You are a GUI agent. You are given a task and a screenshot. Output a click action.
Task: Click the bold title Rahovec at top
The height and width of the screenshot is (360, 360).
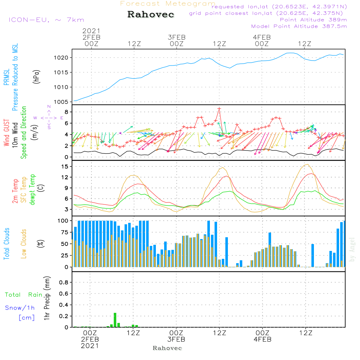click(151, 15)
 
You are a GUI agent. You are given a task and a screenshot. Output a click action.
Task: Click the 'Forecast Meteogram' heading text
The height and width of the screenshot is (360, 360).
click(168, 4)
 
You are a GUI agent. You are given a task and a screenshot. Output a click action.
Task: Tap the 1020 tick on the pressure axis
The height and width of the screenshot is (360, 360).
click(61, 58)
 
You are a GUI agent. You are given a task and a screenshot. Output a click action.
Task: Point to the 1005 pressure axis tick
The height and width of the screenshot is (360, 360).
click(61, 102)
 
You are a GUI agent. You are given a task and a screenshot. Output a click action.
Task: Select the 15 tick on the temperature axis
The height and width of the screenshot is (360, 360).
click(64, 166)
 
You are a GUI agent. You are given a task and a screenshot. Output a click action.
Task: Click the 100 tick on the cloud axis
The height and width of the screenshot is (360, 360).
click(63, 220)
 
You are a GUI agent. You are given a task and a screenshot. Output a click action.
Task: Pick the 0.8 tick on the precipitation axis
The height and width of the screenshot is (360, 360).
click(63, 283)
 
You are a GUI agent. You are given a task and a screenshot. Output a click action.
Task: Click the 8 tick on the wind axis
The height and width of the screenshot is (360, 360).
click(66, 112)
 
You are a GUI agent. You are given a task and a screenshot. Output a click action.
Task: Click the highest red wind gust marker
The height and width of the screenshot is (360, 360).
click(219, 108)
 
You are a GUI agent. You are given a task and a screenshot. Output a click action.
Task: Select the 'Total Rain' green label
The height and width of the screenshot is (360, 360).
click(23, 295)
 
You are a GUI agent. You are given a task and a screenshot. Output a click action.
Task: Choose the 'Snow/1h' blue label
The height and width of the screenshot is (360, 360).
click(20, 308)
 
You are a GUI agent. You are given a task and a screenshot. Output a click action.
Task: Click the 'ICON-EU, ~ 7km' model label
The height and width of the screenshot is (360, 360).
click(46, 20)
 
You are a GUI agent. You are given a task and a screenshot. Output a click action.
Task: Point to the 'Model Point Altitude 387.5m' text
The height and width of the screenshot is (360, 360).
click(299, 26)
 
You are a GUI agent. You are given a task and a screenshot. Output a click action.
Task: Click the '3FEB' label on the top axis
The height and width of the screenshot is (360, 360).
click(177, 37)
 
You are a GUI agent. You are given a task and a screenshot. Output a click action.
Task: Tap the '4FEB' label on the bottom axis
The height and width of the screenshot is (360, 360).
click(262, 339)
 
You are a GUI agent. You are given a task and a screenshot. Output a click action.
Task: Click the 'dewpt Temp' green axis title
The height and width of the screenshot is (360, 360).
click(33, 190)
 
